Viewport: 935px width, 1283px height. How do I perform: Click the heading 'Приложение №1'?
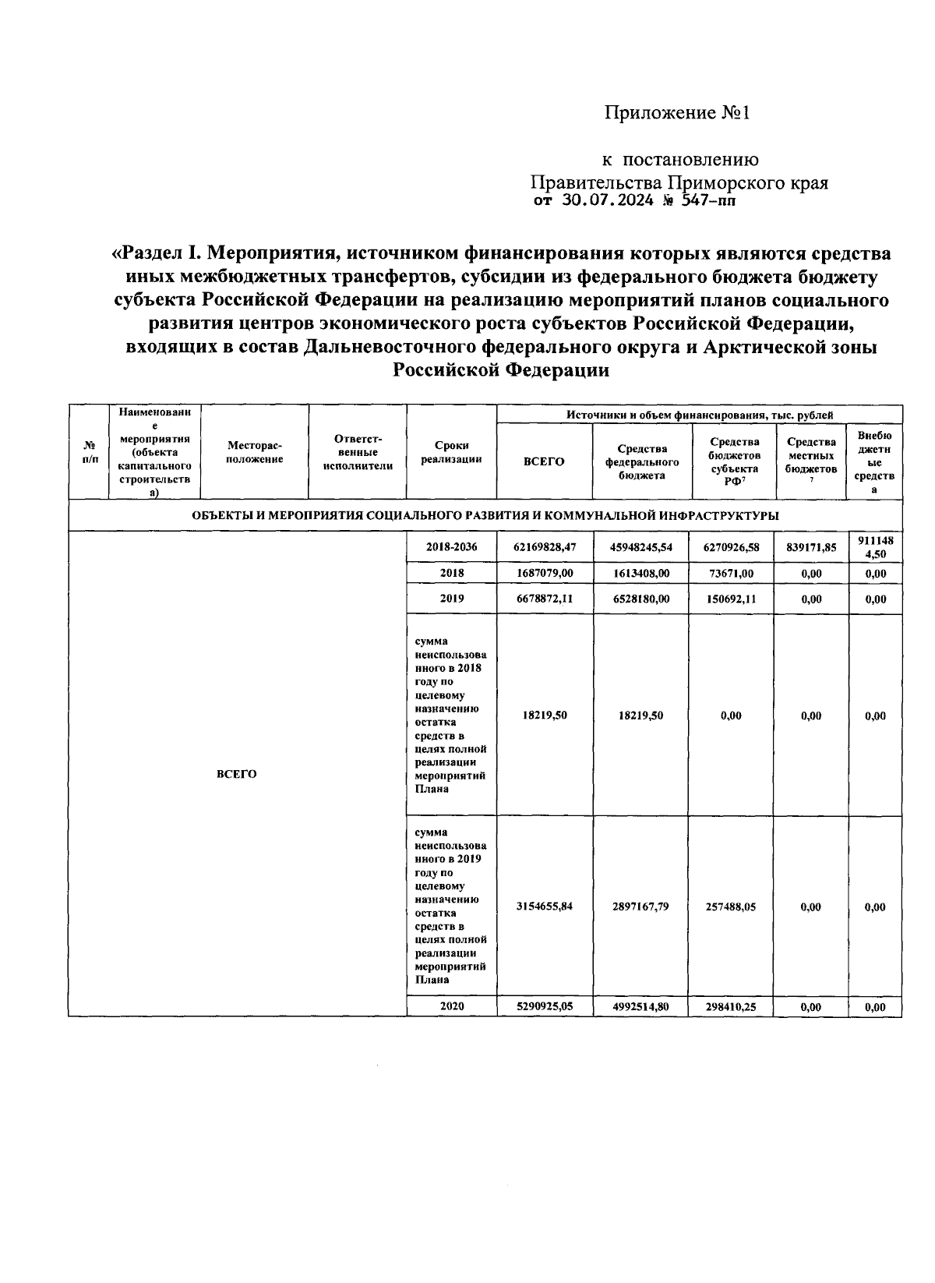(676, 113)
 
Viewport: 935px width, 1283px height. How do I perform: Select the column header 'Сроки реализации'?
(451, 452)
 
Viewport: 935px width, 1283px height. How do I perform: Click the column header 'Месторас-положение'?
(255, 452)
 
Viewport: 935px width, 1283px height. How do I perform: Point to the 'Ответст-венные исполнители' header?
(358, 452)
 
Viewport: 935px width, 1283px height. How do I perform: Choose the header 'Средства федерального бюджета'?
(641, 461)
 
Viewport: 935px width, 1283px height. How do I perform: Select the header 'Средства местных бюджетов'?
(811, 457)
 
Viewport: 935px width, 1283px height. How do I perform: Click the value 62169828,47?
(545, 547)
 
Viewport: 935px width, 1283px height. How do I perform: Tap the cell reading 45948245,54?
(641, 547)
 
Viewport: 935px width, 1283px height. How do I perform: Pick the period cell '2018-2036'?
(451, 547)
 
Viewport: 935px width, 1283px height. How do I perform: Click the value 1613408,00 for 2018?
(641, 573)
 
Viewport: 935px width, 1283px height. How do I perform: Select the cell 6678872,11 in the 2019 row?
(545, 599)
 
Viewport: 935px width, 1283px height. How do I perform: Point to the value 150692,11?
(732, 599)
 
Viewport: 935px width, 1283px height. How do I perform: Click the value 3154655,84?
(545, 907)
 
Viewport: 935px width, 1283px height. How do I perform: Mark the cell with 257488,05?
(732, 907)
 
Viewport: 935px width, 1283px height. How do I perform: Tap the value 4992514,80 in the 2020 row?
(641, 1006)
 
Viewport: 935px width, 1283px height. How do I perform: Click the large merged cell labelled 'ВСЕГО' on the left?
(236, 774)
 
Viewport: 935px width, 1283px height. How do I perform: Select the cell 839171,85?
(811, 547)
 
